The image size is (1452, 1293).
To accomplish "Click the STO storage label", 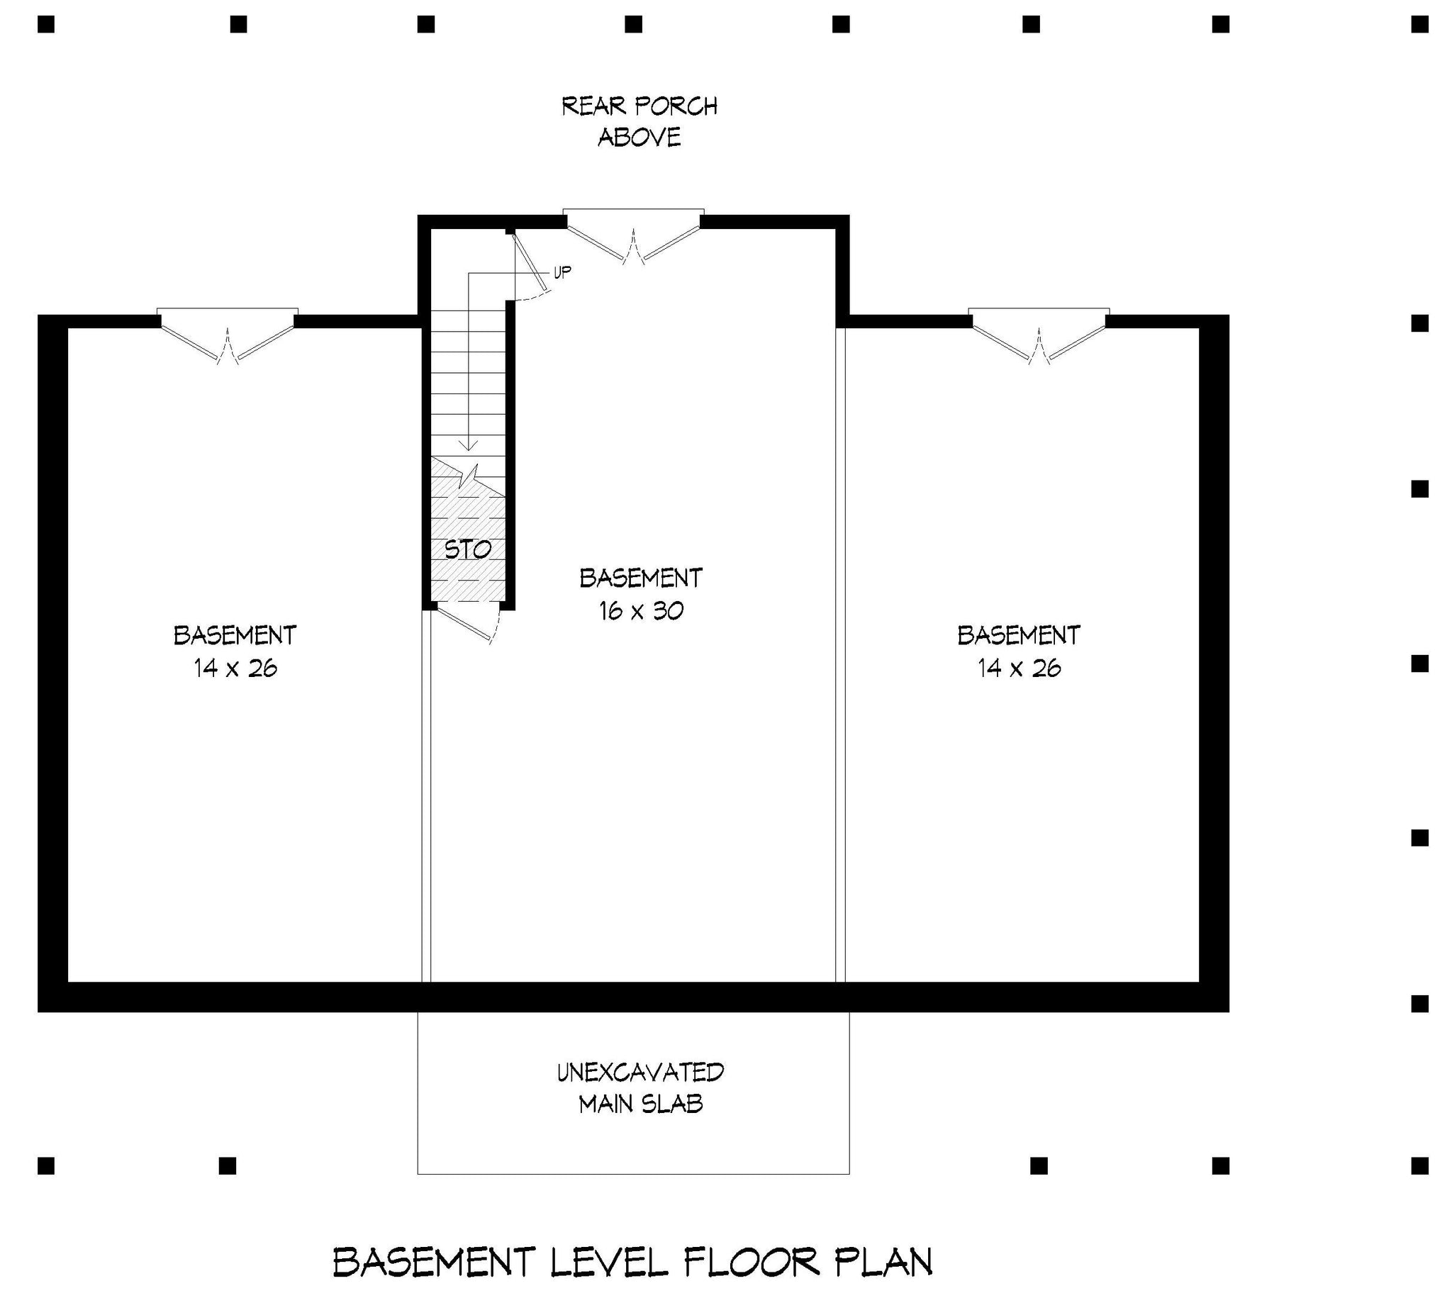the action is click(x=468, y=549).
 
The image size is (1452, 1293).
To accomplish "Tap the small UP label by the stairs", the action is click(x=562, y=272).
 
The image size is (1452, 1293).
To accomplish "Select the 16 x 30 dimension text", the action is click(x=641, y=611).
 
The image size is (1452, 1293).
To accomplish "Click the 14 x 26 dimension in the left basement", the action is click(x=235, y=668).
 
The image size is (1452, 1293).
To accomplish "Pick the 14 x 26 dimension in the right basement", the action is click(x=1019, y=668).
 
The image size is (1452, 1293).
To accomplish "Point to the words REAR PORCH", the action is click(x=640, y=106).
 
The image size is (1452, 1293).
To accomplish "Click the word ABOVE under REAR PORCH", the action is click(x=640, y=137).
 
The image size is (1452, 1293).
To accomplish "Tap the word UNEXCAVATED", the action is click(x=640, y=1072).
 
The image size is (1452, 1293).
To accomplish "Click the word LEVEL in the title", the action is click(x=609, y=1262).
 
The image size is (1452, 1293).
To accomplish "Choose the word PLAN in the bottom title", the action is click(x=882, y=1262).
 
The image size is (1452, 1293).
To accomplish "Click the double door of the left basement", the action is click(x=228, y=335).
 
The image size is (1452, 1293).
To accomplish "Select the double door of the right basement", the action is click(x=1039, y=335).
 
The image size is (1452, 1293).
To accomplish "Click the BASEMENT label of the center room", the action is click(x=641, y=578).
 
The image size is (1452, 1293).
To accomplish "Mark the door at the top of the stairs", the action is click(x=531, y=264).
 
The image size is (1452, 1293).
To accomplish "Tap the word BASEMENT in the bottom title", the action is click(x=433, y=1262).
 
